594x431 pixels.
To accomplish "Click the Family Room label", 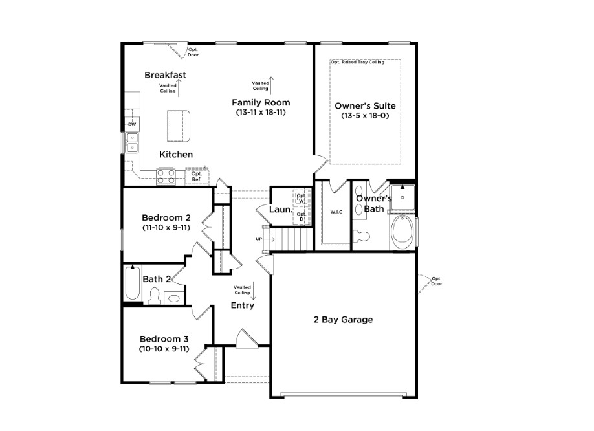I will [261, 102].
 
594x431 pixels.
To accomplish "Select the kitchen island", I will [179, 125].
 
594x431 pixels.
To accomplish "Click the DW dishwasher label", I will [131, 124].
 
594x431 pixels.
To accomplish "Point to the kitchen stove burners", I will [166, 175].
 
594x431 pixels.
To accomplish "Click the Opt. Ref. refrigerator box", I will [197, 175].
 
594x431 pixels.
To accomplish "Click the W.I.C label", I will [335, 212].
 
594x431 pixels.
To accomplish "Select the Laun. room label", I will [281, 210].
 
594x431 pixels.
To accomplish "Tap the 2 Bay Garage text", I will [343, 320].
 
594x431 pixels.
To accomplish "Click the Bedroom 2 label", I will [166, 217].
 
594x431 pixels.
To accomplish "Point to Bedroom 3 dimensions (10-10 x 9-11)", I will [164, 349].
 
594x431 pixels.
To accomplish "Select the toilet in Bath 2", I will [155, 296].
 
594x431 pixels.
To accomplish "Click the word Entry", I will [243, 305].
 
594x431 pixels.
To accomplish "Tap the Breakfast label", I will [165, 75].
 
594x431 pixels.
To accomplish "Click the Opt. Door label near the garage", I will [437, 281].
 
